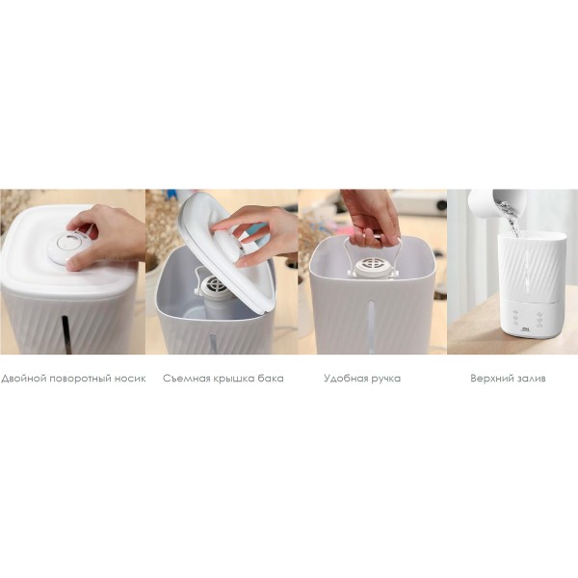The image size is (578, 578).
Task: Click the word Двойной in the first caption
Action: coord(23,379)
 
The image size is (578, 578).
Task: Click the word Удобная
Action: coord(346,379)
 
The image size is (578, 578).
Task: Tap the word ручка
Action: coord(386,379)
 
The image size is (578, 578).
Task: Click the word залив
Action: coord(531,379)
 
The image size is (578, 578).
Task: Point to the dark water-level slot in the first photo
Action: coord(66,334)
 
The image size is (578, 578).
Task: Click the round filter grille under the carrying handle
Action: coord(373,265)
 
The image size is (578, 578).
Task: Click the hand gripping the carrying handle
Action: coord(371,222)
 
